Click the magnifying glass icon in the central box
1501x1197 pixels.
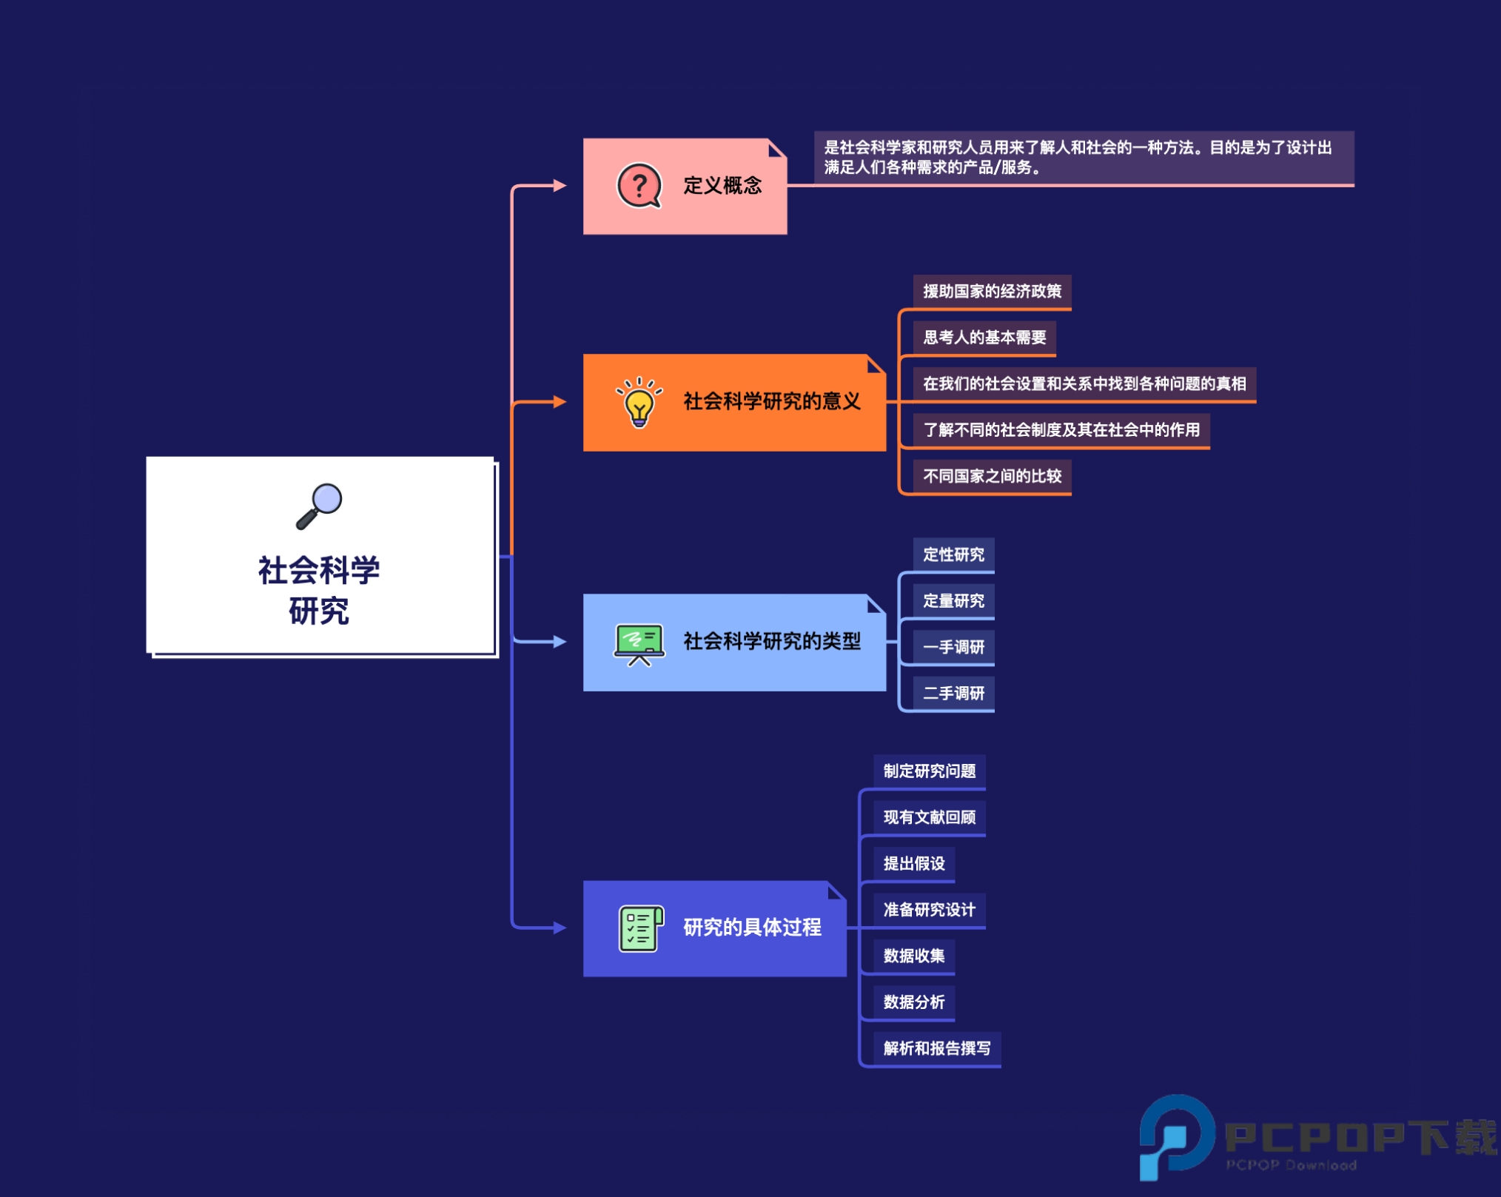coord(320,506)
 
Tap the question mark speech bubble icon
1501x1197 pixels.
coord(639,186)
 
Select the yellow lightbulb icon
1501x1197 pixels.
coord(639,403)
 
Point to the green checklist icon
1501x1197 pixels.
coord(640,928)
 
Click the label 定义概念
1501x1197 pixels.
coord(722,185)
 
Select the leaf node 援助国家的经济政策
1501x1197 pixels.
coord(992,292)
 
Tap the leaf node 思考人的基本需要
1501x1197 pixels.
coord(984,338)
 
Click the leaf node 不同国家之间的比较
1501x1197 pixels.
coord(992,476)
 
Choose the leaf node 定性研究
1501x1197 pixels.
coord(953,554)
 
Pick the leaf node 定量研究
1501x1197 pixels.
coord(953,600)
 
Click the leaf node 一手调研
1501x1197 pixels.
coord(953,647)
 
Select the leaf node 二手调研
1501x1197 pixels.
coord(953,693)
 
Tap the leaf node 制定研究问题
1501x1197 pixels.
coord(930,771)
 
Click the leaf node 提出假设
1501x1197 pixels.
coord(914,864)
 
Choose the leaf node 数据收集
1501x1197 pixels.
coord(914,956)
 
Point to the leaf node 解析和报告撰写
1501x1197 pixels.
coord(937,1048)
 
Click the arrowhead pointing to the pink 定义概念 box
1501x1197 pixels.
coord(560,185)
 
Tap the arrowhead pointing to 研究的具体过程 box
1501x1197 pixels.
coord(560,928)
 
